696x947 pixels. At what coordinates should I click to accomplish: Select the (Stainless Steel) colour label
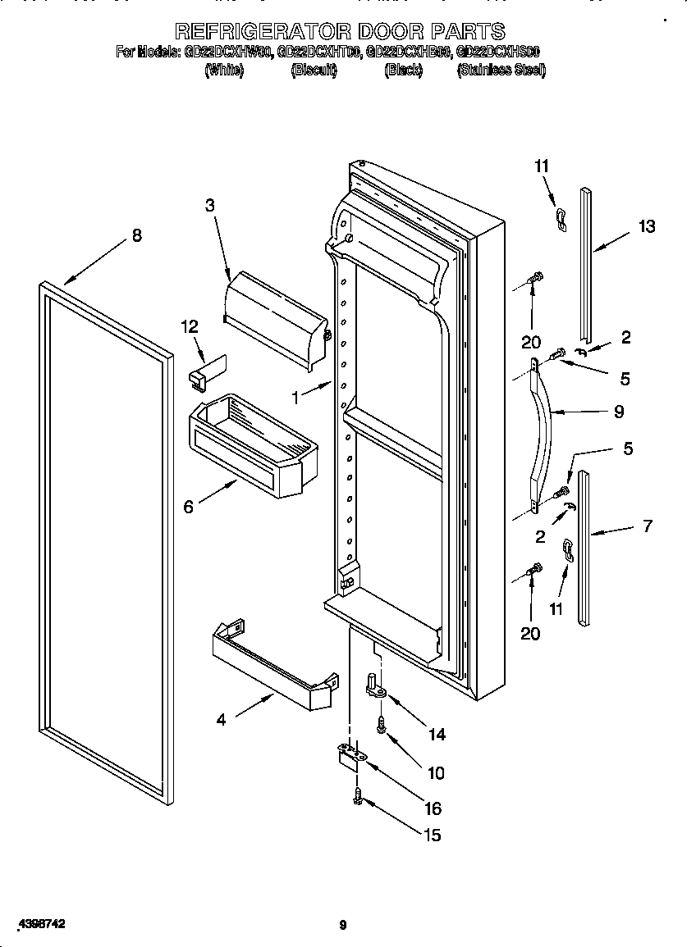501,71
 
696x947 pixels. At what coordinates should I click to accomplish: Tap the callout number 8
136,236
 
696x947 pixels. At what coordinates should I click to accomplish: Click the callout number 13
647,226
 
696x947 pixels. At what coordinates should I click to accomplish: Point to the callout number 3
210,206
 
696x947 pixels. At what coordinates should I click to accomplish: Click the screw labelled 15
359,794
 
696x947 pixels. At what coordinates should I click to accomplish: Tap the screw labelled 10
382,724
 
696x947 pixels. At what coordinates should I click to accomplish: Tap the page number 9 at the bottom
343,926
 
